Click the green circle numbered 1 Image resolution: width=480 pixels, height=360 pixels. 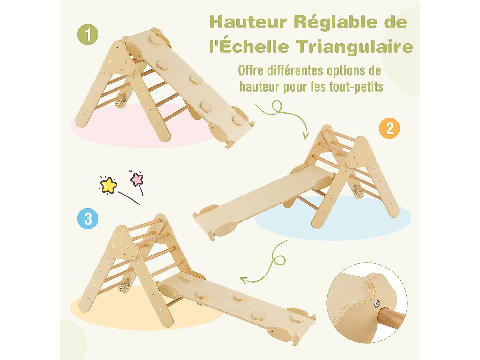pos(88,35)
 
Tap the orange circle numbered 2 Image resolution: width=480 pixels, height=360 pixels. pos(389,128)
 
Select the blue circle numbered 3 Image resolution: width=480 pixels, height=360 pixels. pos(88,219)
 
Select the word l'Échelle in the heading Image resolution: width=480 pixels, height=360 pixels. pos(249,46)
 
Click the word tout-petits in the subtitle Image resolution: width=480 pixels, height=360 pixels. pos(356,87)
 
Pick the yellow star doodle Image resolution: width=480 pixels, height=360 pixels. pos(108,185)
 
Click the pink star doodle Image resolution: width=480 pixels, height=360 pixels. pos(137,179)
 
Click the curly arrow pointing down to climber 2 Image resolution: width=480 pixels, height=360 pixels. pos(285,115)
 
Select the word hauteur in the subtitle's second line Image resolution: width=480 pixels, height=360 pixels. pos(260,87)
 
